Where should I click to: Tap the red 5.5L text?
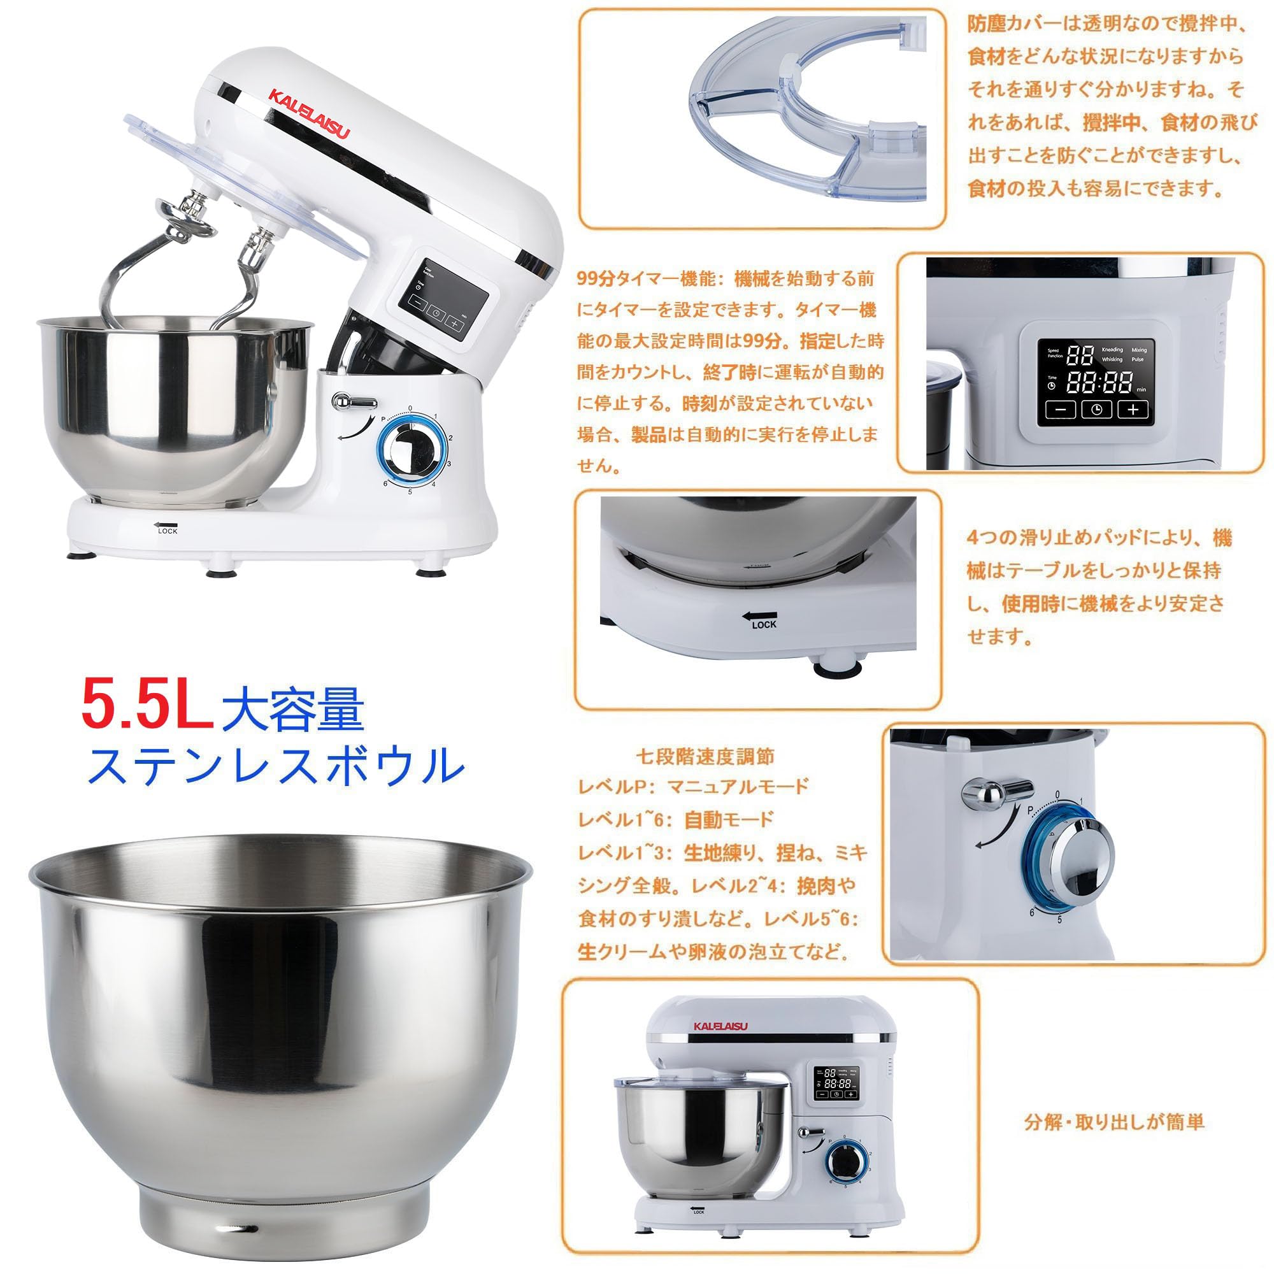(147, 708)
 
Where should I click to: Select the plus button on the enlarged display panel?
(1133, 409)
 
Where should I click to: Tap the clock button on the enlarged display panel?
(1096, 409)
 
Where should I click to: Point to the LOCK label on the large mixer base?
(168, 531)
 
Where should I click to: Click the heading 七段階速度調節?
(705, 755)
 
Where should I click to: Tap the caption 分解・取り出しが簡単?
(1113, 1122)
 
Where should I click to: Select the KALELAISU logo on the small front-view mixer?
(720, 1026)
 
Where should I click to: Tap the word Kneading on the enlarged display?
(1112, 350)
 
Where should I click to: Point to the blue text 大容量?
(293, 710)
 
